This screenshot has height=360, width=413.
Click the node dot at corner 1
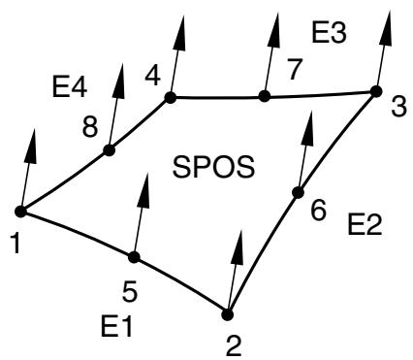coord(21,212)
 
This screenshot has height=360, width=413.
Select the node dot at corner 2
coord(228,314)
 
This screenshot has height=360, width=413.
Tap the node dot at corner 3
coord(376,91)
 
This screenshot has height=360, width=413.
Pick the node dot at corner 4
coord(171,97)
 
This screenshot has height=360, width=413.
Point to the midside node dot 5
coord(134,257)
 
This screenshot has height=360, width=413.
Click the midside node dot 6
coord(298,192)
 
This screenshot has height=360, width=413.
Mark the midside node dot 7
coord(265,96)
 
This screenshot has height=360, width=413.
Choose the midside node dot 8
coord(110,150)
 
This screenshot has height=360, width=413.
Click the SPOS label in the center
coord(213,167)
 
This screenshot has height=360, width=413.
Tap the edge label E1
coord(116,326)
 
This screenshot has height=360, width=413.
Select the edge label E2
coord(365,224)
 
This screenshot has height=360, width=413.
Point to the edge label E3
coord(329,32)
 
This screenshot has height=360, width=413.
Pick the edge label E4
coord(70,86)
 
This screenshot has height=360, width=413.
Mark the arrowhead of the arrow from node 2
coord(238,247)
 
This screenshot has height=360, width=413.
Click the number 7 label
coord(295,70)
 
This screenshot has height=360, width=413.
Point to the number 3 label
coord(398,108)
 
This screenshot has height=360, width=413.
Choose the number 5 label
coord(130,290)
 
